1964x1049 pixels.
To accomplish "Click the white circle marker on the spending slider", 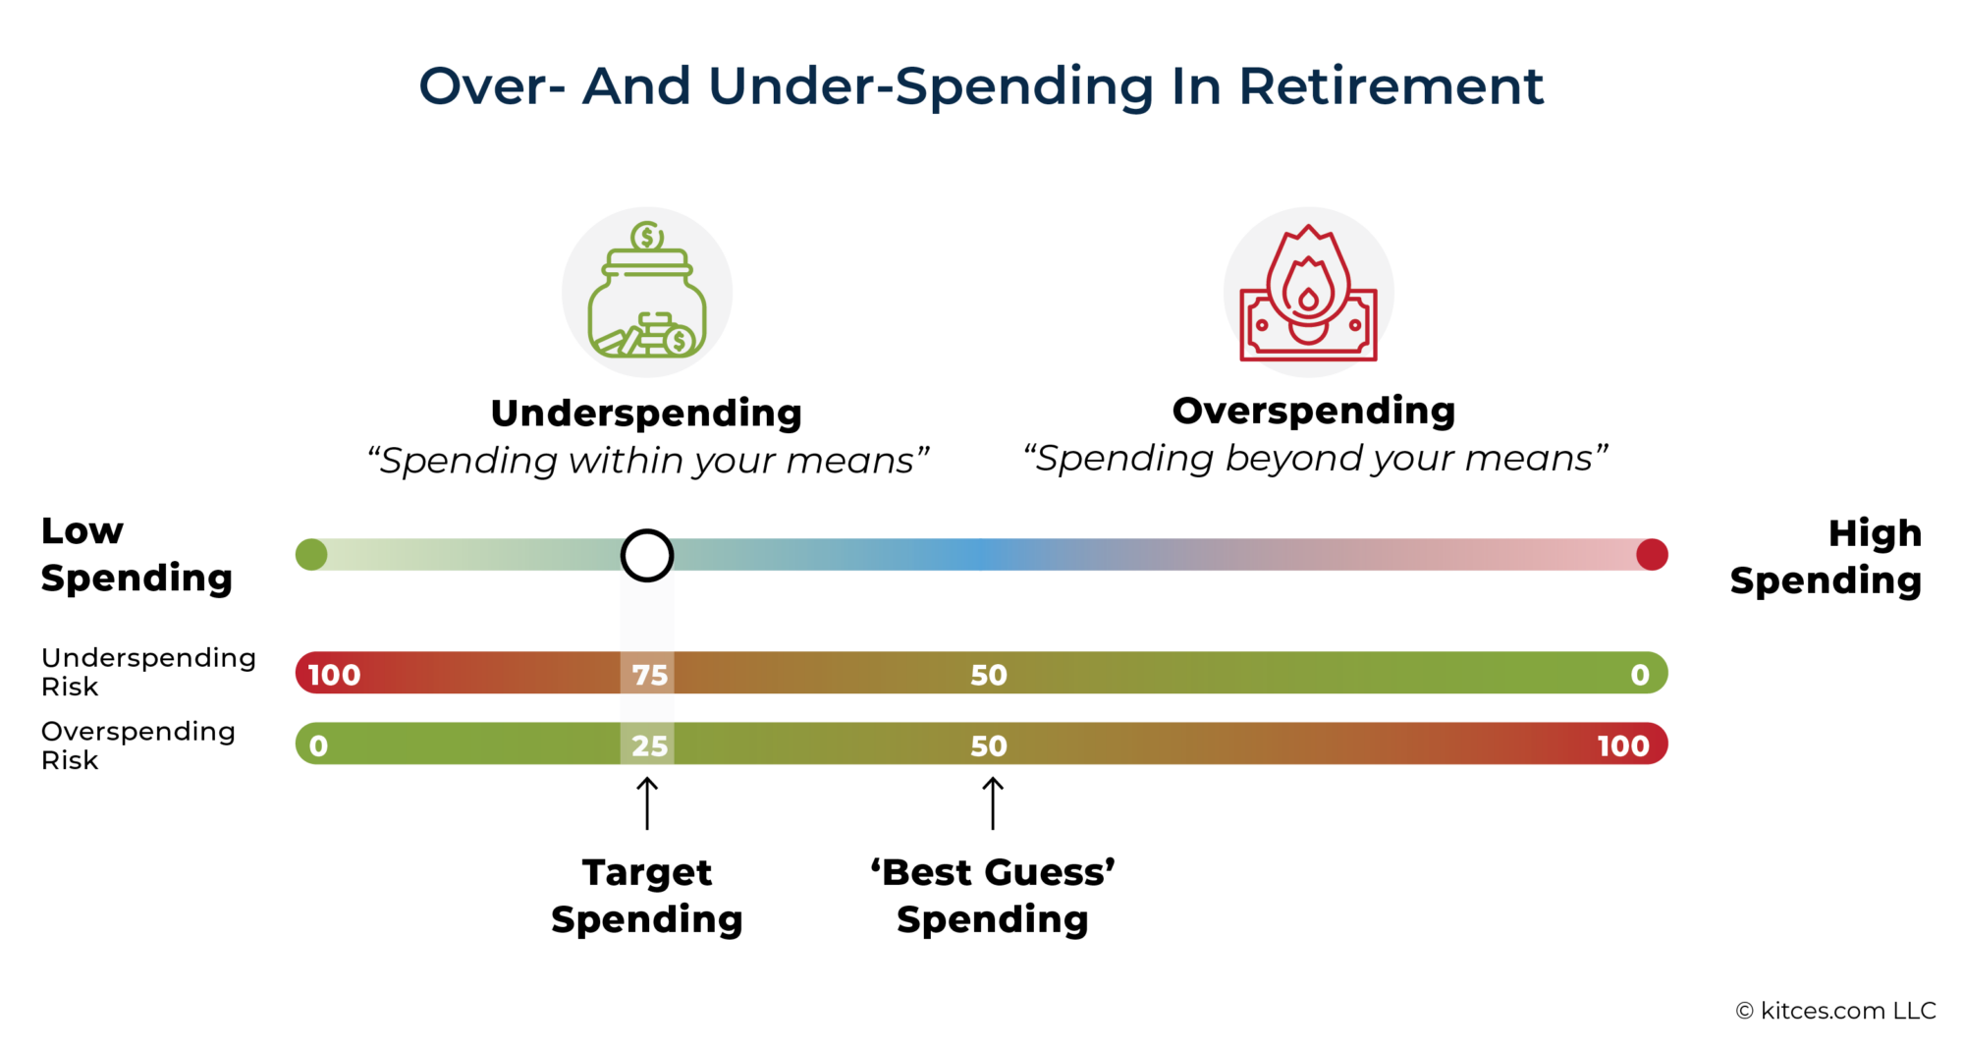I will click(x=647, y=555).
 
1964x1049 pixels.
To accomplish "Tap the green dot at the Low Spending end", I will click(x=311, y=555).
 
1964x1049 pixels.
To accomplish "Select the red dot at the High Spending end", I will click(x=1652, y=555).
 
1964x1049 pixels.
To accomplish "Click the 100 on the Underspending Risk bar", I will click(x=334, y=675).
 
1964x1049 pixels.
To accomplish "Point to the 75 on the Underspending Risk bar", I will click(x=649, y=675).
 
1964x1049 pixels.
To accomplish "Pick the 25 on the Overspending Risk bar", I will click(x=649, y=746).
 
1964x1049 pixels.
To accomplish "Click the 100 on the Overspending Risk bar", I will click(x=1622, y=746).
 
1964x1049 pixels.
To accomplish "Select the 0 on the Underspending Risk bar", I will click(x=1639, y=675).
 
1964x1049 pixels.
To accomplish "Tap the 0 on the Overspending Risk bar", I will click(x=318, y=746).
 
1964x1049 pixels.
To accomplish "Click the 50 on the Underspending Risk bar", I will click(x=989, y=675).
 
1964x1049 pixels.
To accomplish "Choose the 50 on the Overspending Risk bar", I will click(x=989, y=746).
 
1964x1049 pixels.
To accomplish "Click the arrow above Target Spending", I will click(x=647, y=803).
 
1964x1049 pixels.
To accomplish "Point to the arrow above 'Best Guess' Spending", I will click(x=993, y=803).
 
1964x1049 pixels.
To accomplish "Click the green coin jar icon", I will click(x=647, y=292).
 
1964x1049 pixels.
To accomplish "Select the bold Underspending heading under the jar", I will click(x=646, y=414).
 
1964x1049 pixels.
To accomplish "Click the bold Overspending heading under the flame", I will click(x=1314, y=411).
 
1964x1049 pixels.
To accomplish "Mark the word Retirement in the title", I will click(x=1391, y=86).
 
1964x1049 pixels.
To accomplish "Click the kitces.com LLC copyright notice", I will click(x=1835, y=1011).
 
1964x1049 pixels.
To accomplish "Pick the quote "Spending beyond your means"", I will click(x=1315, y=459).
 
